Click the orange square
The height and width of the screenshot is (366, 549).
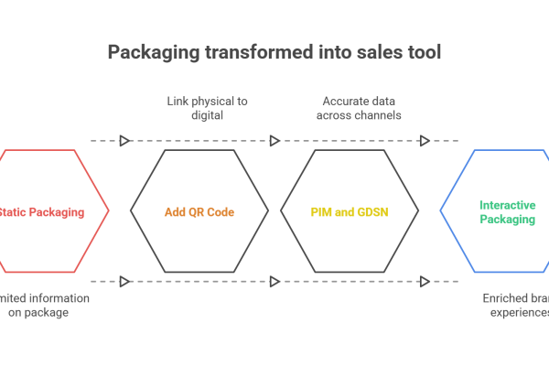(x=199, y=237)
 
